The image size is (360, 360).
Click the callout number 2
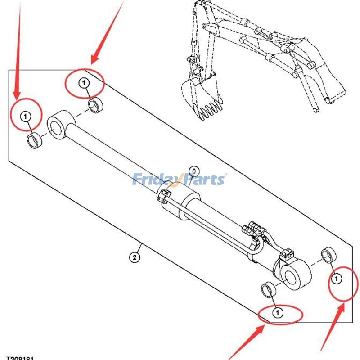pos(134,257)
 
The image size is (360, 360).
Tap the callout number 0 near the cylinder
pos(193,171)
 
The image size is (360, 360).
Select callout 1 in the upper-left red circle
pos(26,117)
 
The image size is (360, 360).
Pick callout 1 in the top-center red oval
pos(84,83)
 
